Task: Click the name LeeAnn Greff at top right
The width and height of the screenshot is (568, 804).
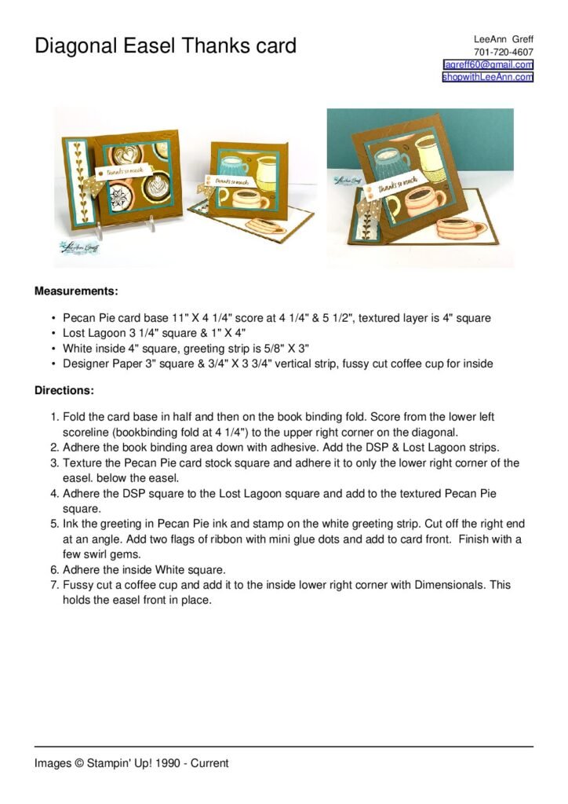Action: (503, 39)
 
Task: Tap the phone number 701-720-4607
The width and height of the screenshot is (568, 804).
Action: (503, 52)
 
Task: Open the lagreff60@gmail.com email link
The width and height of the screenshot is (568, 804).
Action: (488, 64)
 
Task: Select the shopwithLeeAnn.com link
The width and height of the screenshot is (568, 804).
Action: (487, 77)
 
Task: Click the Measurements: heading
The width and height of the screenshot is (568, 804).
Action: (76, 291)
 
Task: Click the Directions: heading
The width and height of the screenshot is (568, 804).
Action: (64, 390)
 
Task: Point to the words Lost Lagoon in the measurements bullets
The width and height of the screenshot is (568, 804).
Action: (92, 333)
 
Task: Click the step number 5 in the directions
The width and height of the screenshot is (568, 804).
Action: (54, 524)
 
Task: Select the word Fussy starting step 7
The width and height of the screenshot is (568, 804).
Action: (78, 585)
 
